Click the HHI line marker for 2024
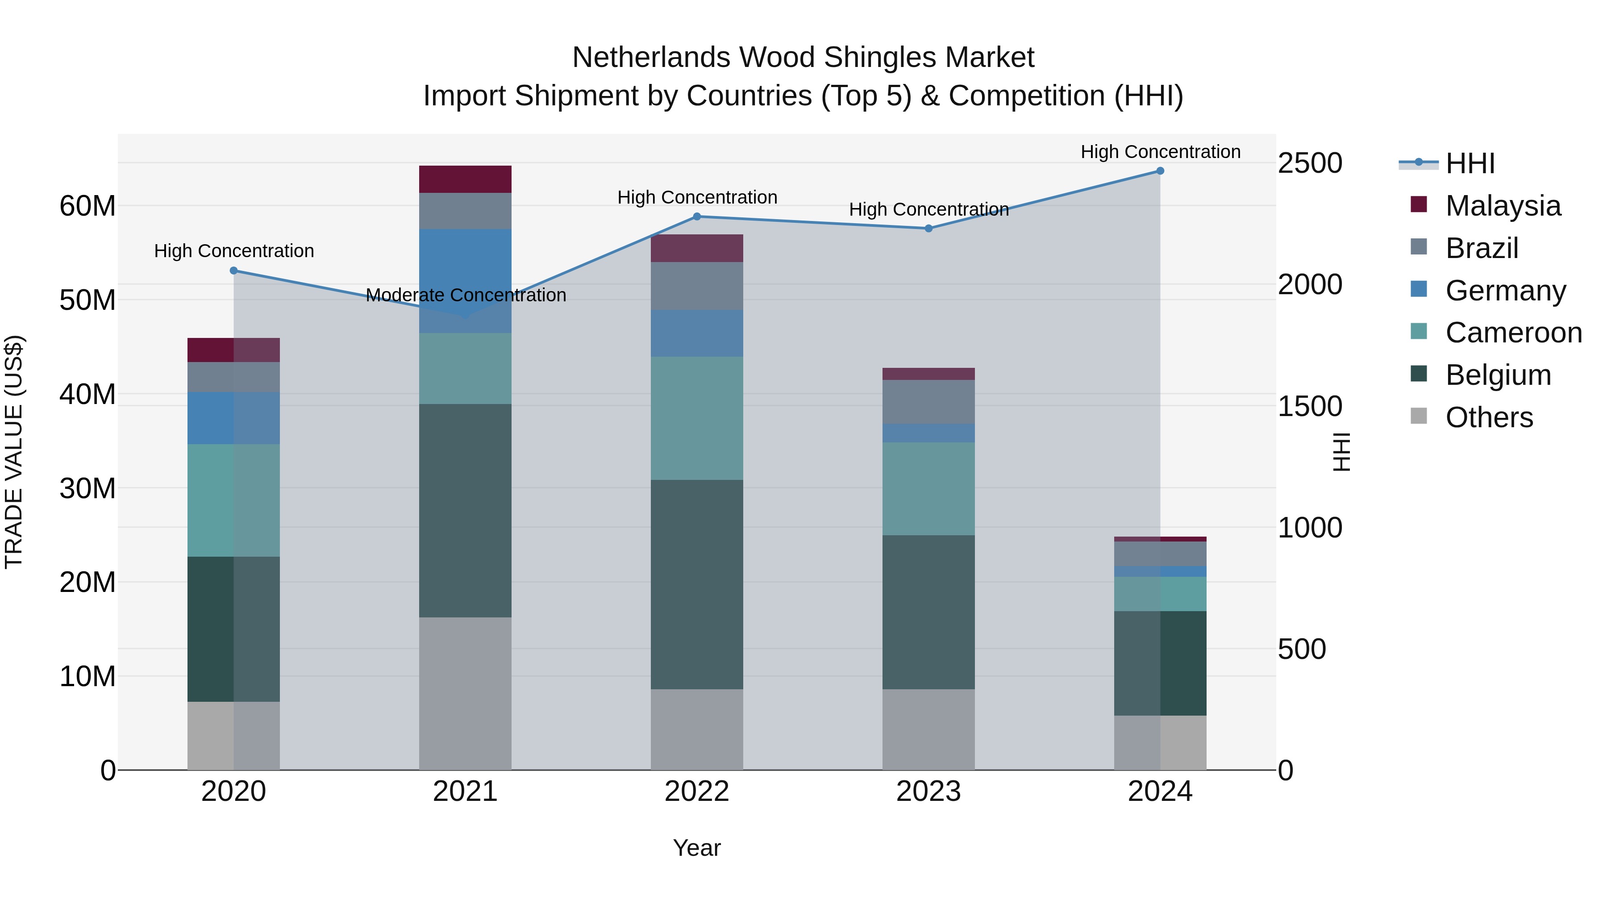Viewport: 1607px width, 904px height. pyautogui.click(x=1160, y=171)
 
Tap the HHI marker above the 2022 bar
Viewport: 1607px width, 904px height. pyautogui.click(x=697, y=217)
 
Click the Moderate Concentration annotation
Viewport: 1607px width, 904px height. pyautogui.click(x=466, y=295)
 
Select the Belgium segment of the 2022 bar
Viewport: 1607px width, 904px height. pyautogui.click(x=697, y=584)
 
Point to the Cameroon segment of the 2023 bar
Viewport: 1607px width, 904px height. pyautogui.click(x=928, y=488)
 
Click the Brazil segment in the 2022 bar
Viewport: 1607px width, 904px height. pyautogui.click(x=697, y=286)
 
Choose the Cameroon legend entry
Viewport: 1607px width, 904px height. pyautogui.click(x=1513, y=333)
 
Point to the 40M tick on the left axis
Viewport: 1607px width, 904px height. pyautogui.click(x=87, y=394)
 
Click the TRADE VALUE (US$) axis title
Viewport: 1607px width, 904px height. pyautogui.click(x=14, y=452)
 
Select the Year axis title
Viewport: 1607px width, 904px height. pyautogui.click(x=697, y=848)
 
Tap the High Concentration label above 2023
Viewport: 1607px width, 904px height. pyautogui.click(x=928, y=210)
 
